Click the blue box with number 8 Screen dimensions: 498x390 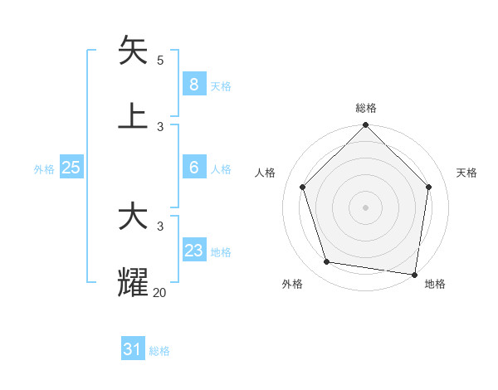[193, 84]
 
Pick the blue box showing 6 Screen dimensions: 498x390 [193, 168]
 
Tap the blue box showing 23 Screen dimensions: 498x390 [193, 251]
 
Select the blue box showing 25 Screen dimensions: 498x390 [71, 168]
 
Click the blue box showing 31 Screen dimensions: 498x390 [132, 349]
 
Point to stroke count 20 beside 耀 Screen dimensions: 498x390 [159, 292]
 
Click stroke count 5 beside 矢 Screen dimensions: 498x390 [160, 61]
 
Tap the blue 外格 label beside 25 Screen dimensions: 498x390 [44, 169]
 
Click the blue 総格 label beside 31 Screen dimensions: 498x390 [159, 351]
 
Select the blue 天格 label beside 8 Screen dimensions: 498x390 [221, 85]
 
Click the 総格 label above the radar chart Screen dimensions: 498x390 [366, 108]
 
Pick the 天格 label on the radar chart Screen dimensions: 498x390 [466, 173]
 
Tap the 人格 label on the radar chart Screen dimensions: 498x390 [266, 173]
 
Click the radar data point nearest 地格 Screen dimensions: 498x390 [415, 274]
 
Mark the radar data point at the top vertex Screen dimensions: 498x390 [366, 126]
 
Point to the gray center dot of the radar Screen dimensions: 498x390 [366, 207]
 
